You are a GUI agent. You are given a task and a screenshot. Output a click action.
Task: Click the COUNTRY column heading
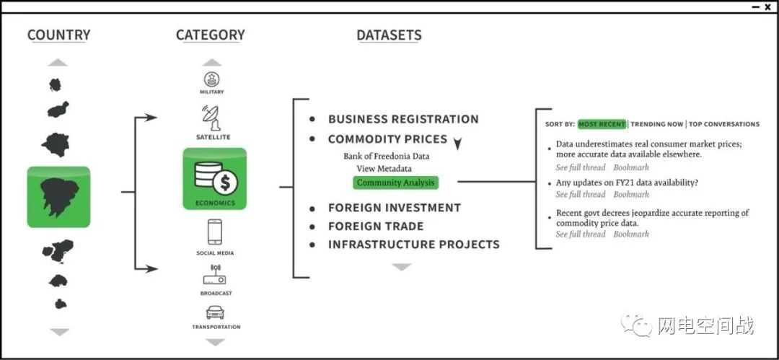click(x=58, y=35)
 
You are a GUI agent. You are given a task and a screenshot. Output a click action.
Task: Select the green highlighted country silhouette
click(x=58, y=197)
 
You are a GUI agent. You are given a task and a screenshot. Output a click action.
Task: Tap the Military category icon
click(x=211, y=79)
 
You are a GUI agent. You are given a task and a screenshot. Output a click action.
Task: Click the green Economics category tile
click(x=215, y=178)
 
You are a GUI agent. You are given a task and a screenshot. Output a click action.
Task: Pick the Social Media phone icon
click(x=215, y=232)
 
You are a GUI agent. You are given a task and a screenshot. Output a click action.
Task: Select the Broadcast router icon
click(x=215, y=275)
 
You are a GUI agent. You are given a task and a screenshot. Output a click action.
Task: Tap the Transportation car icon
click(x=215, y=312)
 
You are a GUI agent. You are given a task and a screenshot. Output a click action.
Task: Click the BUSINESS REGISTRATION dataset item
click(x=403, y=119)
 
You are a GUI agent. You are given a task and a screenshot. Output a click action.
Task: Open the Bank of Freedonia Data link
click(x=387, y=156)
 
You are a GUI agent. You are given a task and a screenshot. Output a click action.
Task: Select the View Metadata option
click(x=384, y=169)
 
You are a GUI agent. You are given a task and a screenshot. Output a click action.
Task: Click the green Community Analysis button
click(x=395, y=183)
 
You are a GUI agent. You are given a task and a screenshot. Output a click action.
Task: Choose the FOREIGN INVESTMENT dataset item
click(x=395, y=207)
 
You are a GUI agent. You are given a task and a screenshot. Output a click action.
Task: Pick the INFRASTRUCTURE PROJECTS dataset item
click(x=414, y=245)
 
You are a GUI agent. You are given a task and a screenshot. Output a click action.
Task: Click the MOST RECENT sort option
click(x=602, y=124)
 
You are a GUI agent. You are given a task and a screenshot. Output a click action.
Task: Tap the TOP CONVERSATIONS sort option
click(x=724, y=124)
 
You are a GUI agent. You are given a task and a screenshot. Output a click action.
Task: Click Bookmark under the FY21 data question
click(x=631, y=194)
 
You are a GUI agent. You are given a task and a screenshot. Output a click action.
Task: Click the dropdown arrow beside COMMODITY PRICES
click(x=457, y=144)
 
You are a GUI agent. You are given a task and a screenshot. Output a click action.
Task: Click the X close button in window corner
click(x=768, y=7)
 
